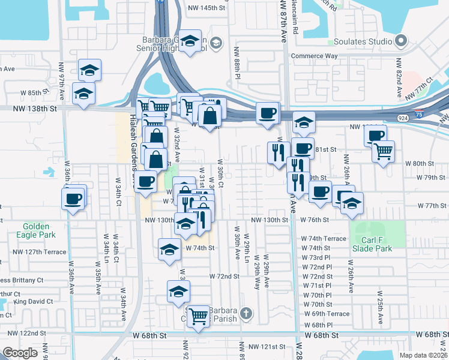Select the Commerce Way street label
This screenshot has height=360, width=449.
pyautogui.click(x=315, y=56)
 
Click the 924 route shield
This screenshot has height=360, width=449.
pyautogui.click(x=399, y=119)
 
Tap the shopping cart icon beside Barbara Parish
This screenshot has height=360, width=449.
pyautogui.click(x=198, y=315)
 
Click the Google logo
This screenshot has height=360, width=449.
pyautogui.click(x=20, y=352)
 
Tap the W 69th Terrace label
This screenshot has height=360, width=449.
pyautogui.click(x=327, y=314)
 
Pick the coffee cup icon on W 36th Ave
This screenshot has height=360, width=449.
pyautogui.click(x=73, y=198)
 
